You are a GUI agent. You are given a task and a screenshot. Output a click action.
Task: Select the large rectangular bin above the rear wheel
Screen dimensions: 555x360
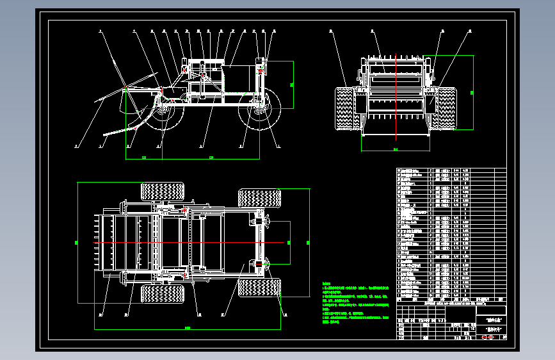pyautogui.click(x=234, y=78)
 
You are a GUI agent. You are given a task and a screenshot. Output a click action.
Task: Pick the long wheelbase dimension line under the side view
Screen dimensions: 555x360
pyautogui.click(x=211, y=158)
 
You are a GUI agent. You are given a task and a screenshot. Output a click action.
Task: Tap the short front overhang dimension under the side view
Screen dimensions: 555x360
pyautogui.click(x=144, y=158)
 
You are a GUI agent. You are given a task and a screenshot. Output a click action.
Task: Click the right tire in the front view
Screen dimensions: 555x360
pyautogui.click(x=446, y=108)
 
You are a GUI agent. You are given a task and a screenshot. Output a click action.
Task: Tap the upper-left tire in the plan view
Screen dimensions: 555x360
pyautogui.click(x=162, y=191)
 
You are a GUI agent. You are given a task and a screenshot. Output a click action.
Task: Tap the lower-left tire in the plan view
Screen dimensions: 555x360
pyautogui.click(x=162, y=294)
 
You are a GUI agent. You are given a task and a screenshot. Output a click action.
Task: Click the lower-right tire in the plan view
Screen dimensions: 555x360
pyautogui.click(x=259, y=288)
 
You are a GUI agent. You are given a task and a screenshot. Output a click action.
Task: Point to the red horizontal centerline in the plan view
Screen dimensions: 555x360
pyautogui.click(x=192, y=242)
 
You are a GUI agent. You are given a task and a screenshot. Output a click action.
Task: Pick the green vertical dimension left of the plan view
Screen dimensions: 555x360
pyautogui.click(x=77, y=242)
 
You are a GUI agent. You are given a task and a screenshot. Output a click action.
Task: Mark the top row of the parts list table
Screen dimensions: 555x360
pyautogui.click(x=451, y=170)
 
